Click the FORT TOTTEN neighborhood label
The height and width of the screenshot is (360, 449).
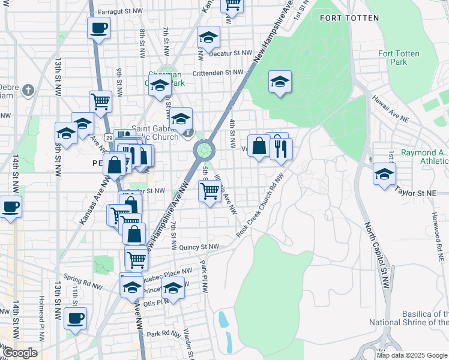[x=349, y=18]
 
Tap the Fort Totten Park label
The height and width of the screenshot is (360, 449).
[x=393, y=58]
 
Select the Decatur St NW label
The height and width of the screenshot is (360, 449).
[x=231, y=53]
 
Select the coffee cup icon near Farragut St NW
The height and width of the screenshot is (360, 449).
[x=99, y=28]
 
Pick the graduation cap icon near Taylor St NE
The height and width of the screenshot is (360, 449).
[x=384, y=174]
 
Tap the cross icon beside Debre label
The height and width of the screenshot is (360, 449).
[x=28, y=91]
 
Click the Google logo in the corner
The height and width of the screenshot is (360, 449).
[x=20, y=353]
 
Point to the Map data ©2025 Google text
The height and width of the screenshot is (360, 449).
[x=412, y=355]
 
